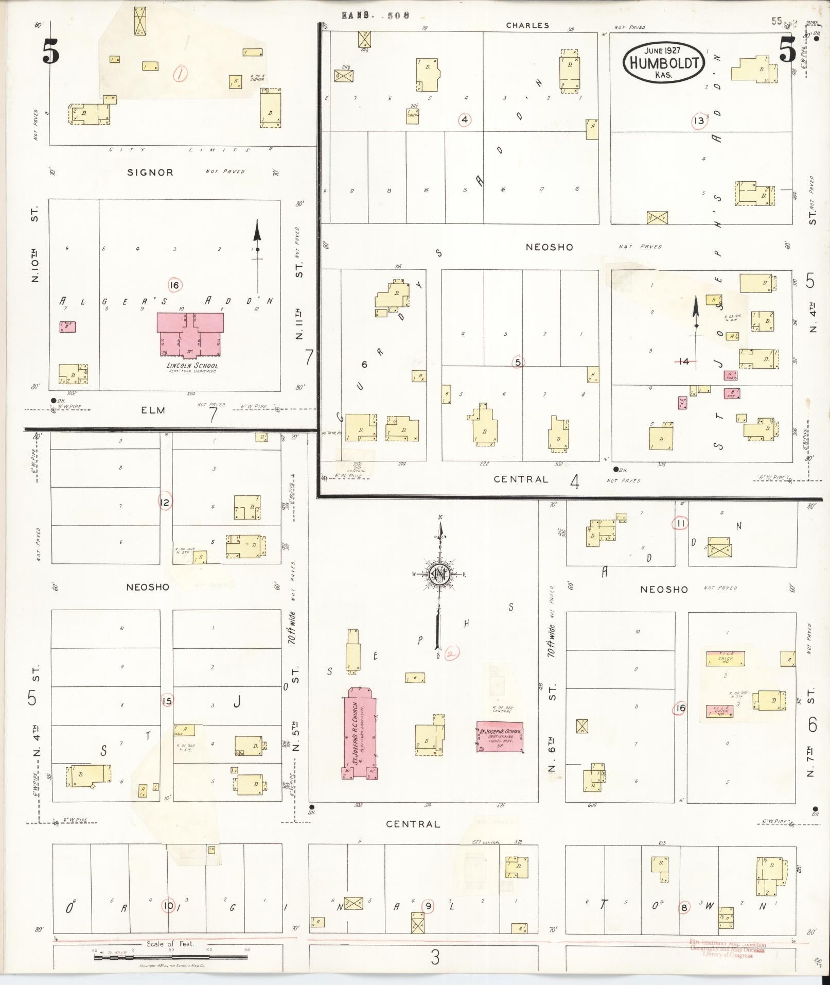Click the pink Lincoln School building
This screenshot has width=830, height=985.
coord(190,335)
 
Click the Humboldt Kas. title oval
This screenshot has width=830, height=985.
coord(663,63)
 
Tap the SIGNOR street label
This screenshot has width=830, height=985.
coord(150,172)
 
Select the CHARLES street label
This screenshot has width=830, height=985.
coord(527,25)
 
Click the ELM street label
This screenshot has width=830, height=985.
coord(153,410)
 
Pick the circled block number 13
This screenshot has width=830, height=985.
coord(698,122)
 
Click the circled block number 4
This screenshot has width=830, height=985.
coord(465,120)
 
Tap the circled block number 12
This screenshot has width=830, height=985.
coord(165,502)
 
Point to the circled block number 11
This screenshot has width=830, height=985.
coord(680,524)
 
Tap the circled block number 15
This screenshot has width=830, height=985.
coord(167,700)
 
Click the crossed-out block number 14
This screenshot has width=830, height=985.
coord(683,361)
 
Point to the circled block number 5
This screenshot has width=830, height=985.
coord(518,362)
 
